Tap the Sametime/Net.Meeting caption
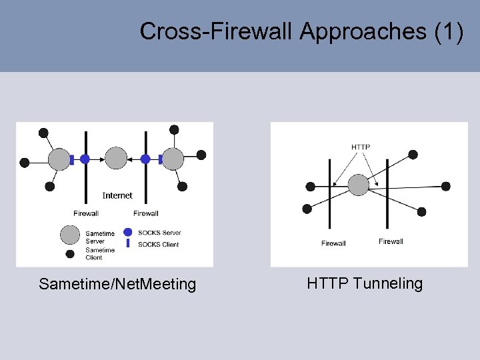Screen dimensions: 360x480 coord(117,285)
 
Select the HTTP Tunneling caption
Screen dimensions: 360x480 coord(365,283)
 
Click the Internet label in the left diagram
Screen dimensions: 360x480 coord(117,195)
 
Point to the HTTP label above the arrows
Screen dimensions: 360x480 coord(361,147)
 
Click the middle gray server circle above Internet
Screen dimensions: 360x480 coord(116,159)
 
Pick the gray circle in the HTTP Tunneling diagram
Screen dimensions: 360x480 coord(359,185)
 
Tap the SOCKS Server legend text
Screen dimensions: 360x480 coord(159,233)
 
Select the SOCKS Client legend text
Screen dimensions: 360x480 coord(158,244)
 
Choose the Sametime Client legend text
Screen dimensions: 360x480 coord(100,253)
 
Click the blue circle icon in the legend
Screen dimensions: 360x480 coord(127,233)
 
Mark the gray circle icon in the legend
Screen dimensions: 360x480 coord(69,235)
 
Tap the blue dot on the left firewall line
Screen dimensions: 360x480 coord(85,159)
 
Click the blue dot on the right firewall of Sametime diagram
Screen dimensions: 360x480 coord(145,159)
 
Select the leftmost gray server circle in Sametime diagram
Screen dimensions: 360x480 coord(59,159)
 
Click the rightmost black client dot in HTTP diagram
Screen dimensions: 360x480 coord(446,186)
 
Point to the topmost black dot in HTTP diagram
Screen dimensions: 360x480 coord(413,155)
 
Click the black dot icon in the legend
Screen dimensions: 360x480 coord(69,253)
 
